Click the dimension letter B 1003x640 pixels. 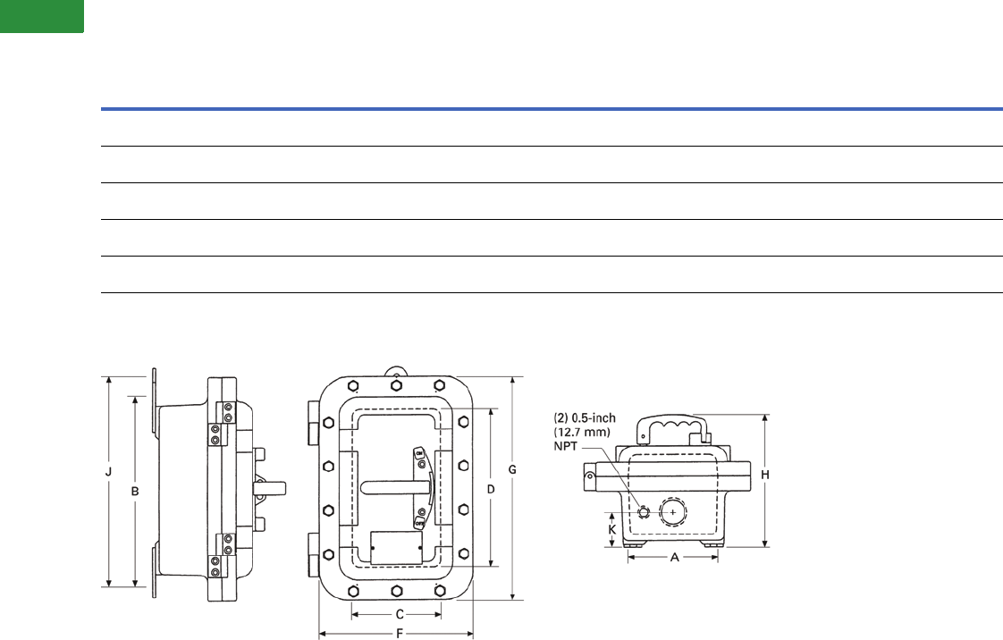[x=135, y=491]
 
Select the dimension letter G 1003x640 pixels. [x=512, y=467]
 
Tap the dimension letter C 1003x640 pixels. [x=400, y=614]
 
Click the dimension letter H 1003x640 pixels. [x=765, y=476]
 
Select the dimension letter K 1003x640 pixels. [x=611, y=528]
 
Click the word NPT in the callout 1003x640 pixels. [x=569, y=446]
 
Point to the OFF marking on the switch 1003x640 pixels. [x=419, y=527]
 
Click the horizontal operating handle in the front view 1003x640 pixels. [x=394, y=488]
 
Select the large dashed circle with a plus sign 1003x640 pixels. [x=673, y=512]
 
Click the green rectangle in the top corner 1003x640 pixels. [x=42, y=16]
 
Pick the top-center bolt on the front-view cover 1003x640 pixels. [x=395, y=385]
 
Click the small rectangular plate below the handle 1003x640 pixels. [x=395, y=546]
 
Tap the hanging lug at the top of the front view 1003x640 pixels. [x=394, y=371]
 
